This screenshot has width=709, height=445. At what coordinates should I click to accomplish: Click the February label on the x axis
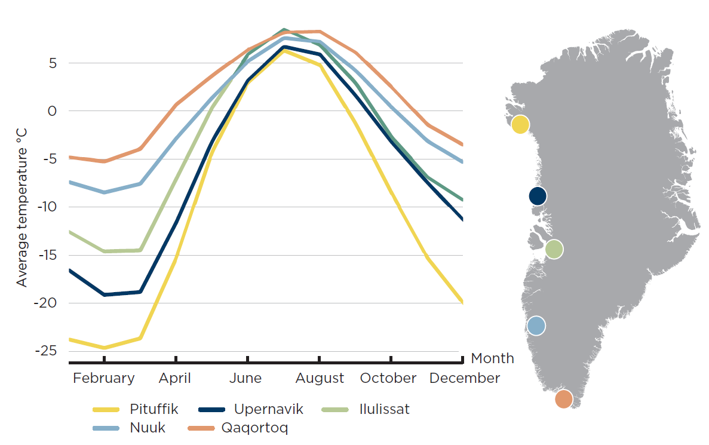point(104,378)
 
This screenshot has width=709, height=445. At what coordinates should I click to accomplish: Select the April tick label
point(175,378)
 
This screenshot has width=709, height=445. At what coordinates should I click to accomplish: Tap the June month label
point(245,378)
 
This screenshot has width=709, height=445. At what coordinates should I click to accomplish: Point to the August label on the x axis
point(320,378)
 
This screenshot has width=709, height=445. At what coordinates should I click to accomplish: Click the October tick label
point(388,378)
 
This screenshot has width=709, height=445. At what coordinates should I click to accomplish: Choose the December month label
point(465,378)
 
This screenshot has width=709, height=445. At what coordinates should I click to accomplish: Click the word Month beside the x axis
point(492,358)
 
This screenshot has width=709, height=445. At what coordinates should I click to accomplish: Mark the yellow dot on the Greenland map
point(520,124)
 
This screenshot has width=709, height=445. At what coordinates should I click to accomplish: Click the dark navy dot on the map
point(538,196)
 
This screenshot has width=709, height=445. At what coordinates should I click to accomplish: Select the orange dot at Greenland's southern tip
point(563,398)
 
